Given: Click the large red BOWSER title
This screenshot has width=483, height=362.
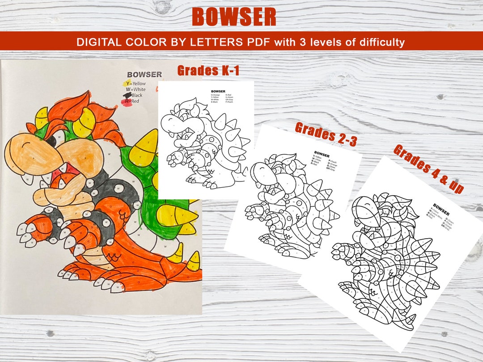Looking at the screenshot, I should click(234, 17).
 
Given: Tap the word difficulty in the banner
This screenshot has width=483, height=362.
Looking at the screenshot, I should click(379, 42).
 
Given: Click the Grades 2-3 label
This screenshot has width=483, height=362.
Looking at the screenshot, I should click(326, 134).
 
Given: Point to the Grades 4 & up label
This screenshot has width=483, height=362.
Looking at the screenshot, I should click(428, 168).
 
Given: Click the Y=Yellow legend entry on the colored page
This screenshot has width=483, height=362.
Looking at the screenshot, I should click(136, 84).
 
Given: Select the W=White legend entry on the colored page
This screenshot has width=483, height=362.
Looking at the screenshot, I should click(136, 89).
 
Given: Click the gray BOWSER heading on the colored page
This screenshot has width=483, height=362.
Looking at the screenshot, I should click(144, 75).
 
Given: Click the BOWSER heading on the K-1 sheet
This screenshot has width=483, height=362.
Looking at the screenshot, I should click(218, 92).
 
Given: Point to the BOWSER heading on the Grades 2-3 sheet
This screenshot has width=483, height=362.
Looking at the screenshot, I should click(322, 153).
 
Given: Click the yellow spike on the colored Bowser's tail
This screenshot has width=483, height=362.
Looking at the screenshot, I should click(193, 261).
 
